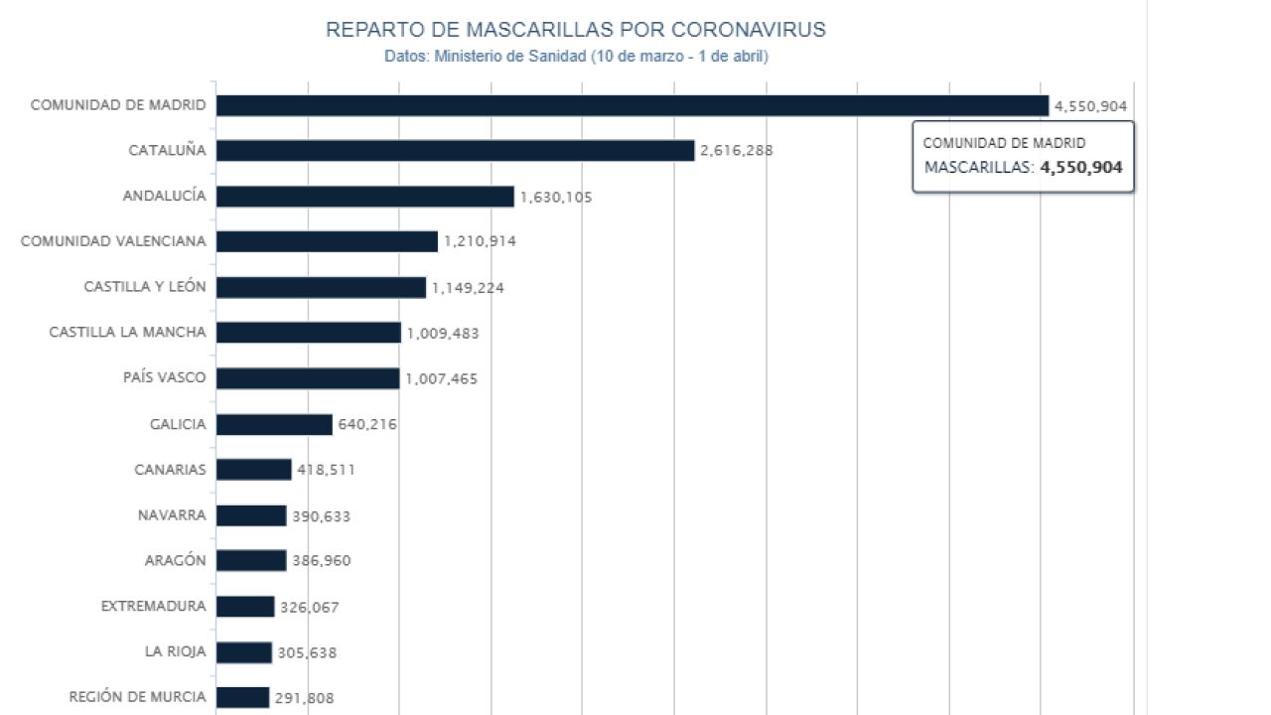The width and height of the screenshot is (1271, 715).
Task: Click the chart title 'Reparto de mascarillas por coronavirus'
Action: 576,30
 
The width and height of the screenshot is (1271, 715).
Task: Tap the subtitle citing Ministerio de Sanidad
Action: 576,57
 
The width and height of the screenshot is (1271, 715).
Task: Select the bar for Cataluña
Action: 455,150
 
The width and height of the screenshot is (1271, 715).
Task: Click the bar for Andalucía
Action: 364,196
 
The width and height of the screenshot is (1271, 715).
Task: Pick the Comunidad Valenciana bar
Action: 327,241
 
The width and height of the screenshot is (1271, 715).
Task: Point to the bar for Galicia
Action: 274,424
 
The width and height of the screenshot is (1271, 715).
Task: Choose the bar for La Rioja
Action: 243,652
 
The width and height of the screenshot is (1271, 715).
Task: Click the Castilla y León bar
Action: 321,287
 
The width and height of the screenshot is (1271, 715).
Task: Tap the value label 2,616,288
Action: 736,151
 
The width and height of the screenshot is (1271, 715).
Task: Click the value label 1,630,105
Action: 555,197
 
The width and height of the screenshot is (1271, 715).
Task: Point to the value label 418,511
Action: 326,470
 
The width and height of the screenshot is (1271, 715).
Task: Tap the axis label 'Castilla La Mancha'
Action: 127,333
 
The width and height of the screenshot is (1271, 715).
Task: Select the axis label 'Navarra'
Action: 172,515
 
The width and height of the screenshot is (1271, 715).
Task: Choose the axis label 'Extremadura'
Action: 153,607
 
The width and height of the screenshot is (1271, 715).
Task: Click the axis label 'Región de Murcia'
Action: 137,697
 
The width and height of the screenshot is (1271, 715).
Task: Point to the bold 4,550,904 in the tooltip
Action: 1080,168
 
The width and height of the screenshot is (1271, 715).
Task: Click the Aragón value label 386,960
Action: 321,561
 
